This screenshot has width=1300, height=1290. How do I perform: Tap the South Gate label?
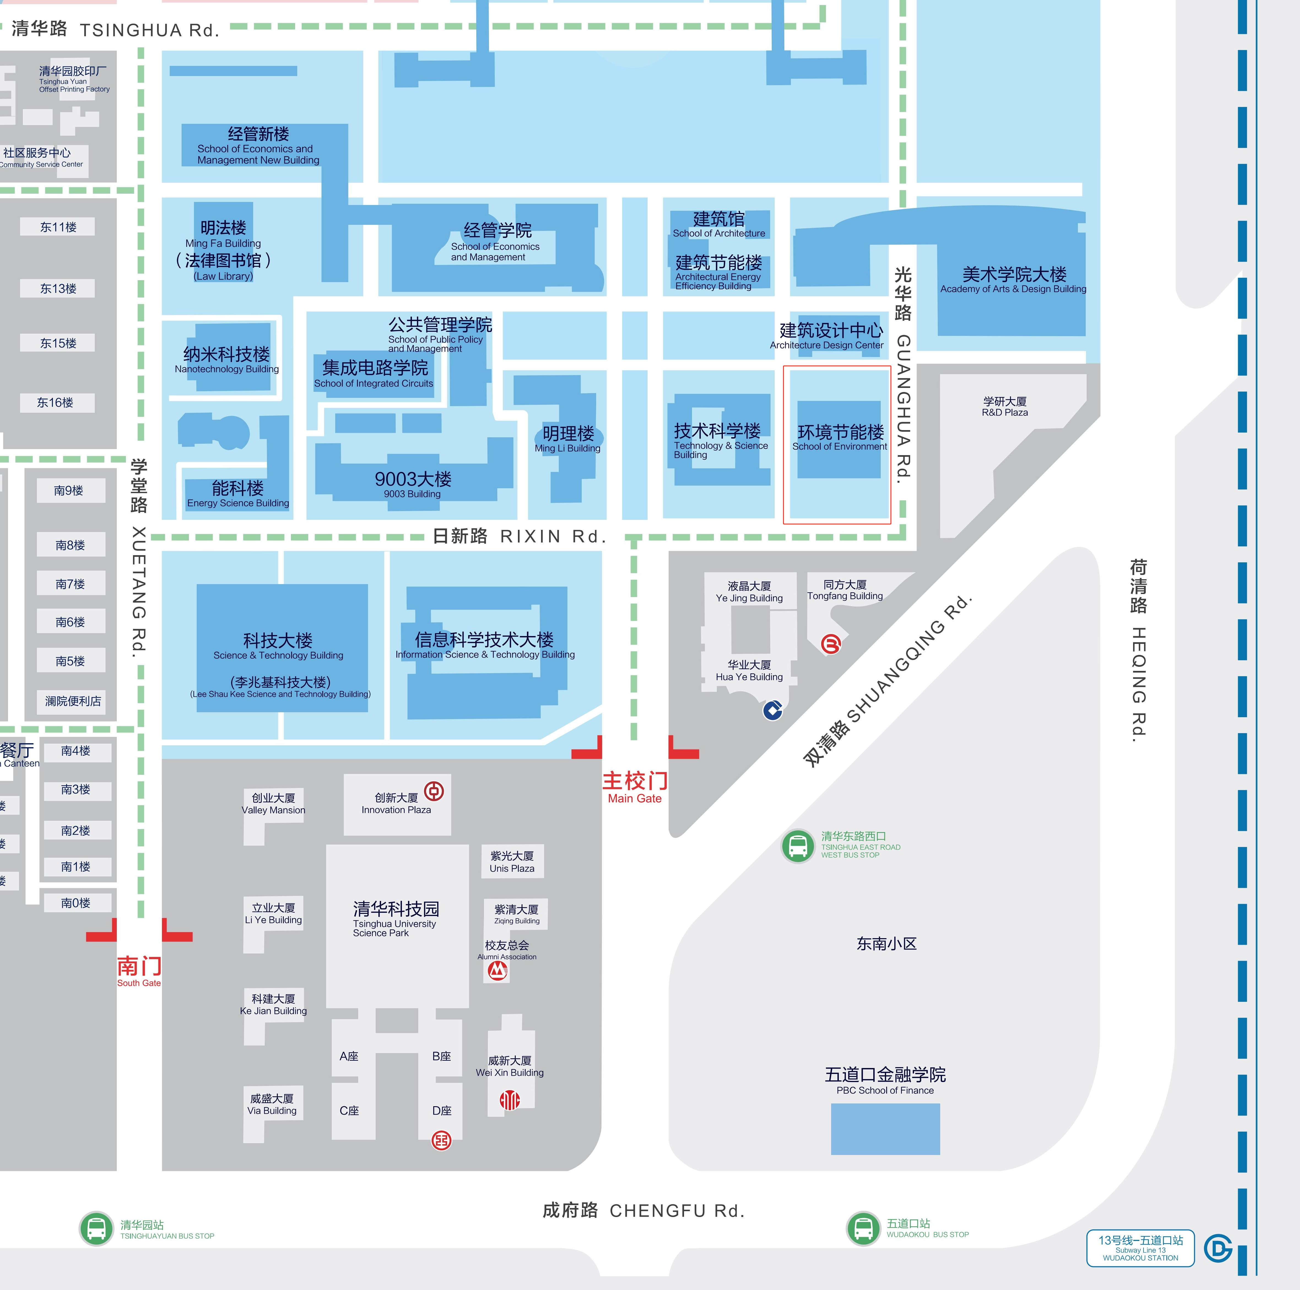pyautogui.click(x=139, y=970)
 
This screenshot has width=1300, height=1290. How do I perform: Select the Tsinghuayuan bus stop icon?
pyautogui.click(x=96, y=1229)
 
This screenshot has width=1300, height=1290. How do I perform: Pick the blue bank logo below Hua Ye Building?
pyautogui.click(x=772, y=710)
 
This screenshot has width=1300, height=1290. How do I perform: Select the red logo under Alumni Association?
pyautogui.click(x=497, y=970)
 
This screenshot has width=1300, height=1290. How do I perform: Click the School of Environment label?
pyautogui.click(x=840, y=438)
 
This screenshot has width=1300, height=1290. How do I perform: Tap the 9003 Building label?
pyautogui.click(x=412, y=484)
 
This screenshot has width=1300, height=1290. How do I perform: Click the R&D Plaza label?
pyautogui.click(x=1005, y=406)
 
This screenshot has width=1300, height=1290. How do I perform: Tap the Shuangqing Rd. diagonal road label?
pyautogui.click(x=888, y=680)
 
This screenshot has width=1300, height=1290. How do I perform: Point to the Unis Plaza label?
pyautogui.click(x=512, y=861)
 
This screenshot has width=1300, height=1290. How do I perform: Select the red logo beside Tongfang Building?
pyautogui.click(x=831, y=644)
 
